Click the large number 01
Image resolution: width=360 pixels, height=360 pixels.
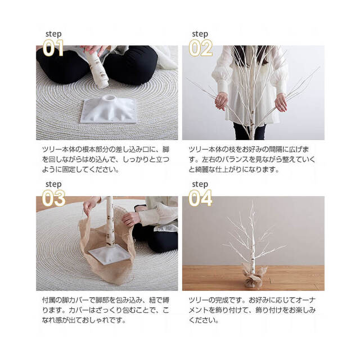[53, 48]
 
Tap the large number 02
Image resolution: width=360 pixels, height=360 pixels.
[200, 48]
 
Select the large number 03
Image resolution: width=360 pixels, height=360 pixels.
[53, 199]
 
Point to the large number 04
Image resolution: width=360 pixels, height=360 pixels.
[200, 199]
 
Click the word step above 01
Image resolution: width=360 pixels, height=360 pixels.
[53, 34]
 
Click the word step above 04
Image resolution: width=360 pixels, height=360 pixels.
[200, 184]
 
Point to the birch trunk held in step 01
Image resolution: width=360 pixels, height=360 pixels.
[98, 68]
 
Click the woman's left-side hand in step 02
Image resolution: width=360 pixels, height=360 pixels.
[221, 101]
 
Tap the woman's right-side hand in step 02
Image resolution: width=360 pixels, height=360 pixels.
[281, 102]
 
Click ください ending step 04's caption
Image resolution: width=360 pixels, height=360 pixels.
[203, 320]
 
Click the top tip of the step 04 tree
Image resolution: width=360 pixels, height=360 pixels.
[253, 201]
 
